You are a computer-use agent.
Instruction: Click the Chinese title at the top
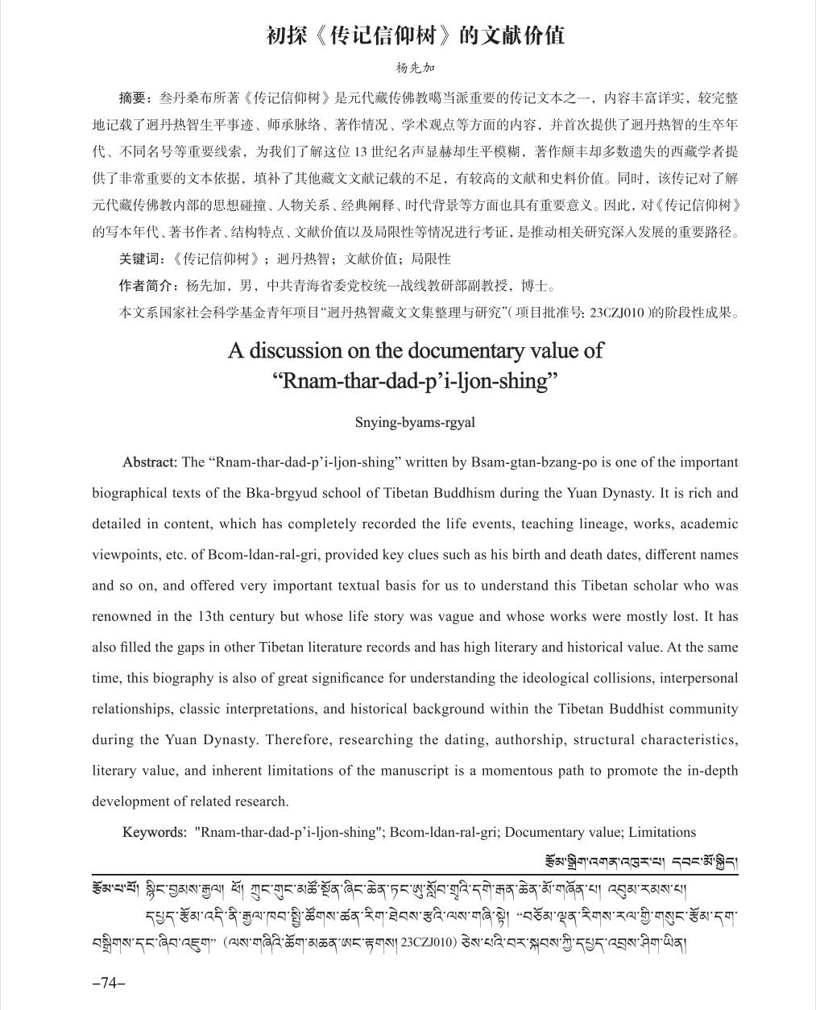pos(415,35)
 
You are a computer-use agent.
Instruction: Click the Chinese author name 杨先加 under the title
pos(415,68)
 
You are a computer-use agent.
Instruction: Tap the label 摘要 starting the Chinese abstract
pos(133,98)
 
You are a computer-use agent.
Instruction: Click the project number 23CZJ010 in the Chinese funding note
pos(618,313)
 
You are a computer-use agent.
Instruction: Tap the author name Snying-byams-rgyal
pos(415,422)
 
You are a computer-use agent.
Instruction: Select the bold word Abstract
pos(149,462)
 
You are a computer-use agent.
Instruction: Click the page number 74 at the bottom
pos(110,983)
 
